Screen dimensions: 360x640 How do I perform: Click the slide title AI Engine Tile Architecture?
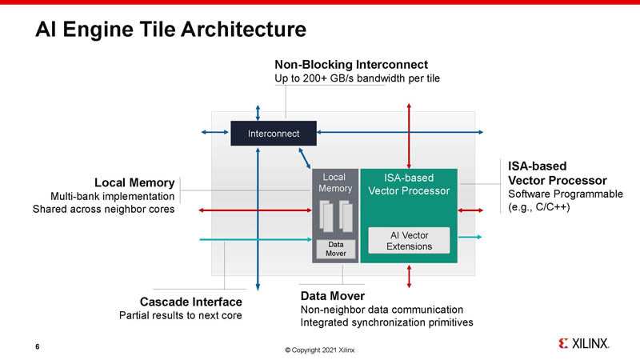pyautogui.click(x=170, y=30)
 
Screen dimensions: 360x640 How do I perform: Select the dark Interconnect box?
pyautogui.click(x=274, y=134)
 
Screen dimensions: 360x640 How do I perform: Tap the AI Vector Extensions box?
pyautogui.click(x=410, y=240)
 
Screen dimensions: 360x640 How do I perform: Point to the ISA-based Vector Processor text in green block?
pyautogui.click(x=409, y=184)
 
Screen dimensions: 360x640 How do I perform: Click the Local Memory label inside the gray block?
pyautogui.click(x=334, y=182)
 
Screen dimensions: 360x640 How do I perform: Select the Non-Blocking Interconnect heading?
pyautogui.click(x=351, y=64)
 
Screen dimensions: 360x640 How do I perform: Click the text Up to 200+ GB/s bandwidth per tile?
pyautogui.click(x=357, y=78)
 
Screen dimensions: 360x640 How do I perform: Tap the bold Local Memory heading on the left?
pyautogui.click(x=134, y=182)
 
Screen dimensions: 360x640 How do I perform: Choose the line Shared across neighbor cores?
pyautogui.click(x=103, y=210)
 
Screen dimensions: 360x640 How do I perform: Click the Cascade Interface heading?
pyautogui.click(x=191, y=302)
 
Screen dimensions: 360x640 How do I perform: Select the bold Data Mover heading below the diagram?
pyautogui.click(x=332, y=296)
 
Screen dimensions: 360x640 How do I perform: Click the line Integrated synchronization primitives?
pyautogui.click(x=386, y=322)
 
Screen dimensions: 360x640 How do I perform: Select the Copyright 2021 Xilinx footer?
pyautogui.click(x=319, y=350)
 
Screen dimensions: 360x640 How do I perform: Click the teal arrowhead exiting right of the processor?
pyautogui.click(x=478, y=238)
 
